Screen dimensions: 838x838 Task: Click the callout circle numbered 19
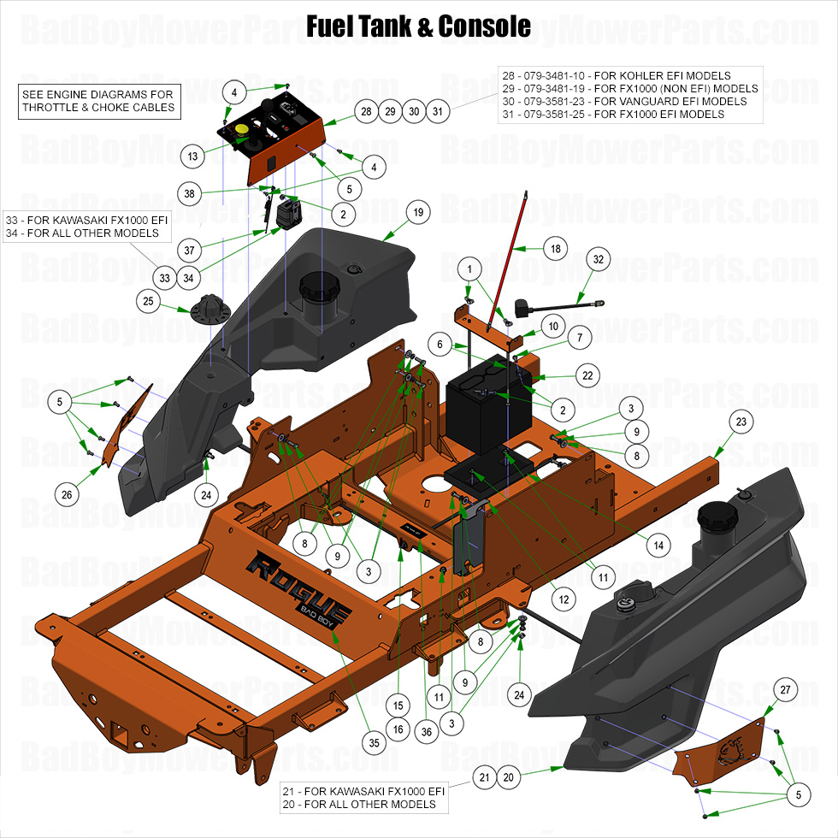(x=417, y=212)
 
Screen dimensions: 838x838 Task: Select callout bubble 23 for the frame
(x=741, y=422)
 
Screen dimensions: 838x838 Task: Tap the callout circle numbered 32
(x=598, y=260)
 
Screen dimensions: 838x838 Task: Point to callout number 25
(x=149, y=302)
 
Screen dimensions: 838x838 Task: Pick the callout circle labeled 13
(x=193, y=156)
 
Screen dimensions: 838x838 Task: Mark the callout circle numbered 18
(x=555, y=249)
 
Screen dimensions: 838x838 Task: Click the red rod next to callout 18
(x=507, y=257)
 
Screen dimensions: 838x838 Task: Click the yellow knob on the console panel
(x=242, y=129)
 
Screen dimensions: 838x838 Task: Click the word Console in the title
(x=484, y=26)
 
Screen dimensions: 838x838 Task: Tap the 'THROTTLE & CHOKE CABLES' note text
(x=98, y=107)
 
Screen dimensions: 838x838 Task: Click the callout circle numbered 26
(x=68, y=493)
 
